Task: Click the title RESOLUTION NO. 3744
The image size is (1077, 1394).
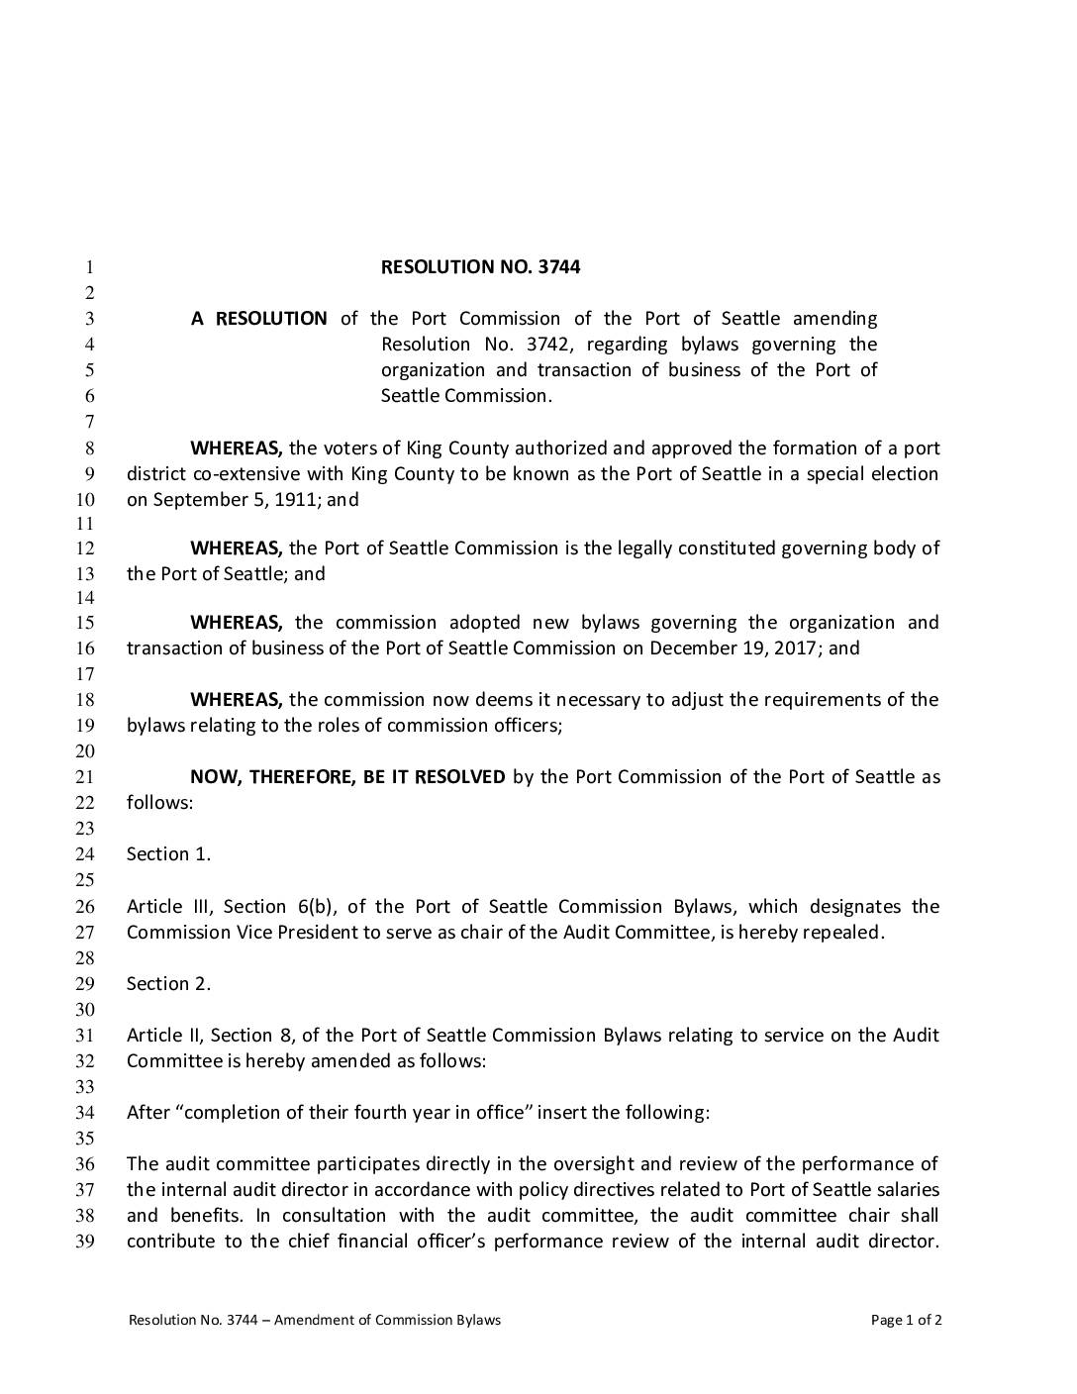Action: (480, 266)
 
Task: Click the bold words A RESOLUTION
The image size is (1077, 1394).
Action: (259, 319)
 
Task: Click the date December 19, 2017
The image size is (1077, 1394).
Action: (734, 648)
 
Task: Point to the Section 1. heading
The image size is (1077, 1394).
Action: (168, 854)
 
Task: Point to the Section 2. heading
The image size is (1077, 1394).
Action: (168, 984)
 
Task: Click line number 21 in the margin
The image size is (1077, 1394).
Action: (85, 777)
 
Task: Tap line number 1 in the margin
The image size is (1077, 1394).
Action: (89, 267)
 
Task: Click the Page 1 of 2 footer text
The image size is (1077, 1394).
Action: (906, 1320)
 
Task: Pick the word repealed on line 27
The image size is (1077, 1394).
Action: (841, 933)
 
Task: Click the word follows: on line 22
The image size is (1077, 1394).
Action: (159, 803)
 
